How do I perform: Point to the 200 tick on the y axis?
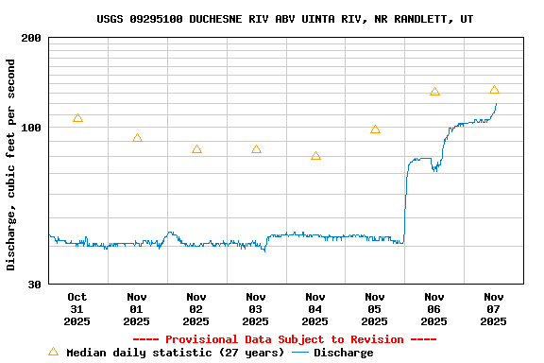tap(31, 38)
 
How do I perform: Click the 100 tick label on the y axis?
tap(31, 128)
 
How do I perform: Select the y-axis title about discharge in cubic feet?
tap(11, 164)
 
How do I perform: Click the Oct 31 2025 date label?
tap(77, 309)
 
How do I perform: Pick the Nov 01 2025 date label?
tap(137, 309)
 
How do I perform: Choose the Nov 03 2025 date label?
tap(256, 309)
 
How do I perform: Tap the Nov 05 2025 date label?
tap(375, 309)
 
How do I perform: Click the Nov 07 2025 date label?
tap(494, 309)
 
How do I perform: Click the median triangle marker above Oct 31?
tap(77, 118)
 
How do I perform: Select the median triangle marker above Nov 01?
tap(137, 138)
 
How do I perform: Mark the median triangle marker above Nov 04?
tap(315, 156)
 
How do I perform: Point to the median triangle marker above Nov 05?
tap(375, 130)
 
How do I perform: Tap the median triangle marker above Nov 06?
tap(434, 92)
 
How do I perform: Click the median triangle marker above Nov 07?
tap(494, 90)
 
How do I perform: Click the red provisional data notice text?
tap(284, 339)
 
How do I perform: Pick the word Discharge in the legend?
tap(343, 353)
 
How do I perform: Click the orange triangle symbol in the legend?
tap(53, 352)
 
